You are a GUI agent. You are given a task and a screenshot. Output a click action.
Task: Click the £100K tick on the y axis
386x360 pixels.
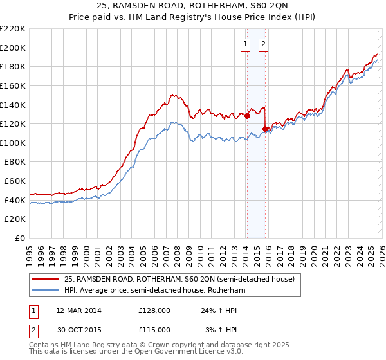point(13,143)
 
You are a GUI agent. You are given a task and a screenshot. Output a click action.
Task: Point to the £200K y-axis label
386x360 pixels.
point(13,48)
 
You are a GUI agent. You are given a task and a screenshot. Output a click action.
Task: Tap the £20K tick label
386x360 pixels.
point(15,219)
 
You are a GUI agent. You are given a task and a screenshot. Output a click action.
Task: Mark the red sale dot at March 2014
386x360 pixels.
point(247,116)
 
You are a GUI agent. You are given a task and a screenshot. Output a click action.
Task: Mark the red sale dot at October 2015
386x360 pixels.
point(265,129)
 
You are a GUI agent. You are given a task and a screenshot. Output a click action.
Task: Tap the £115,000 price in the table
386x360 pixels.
point(154,329)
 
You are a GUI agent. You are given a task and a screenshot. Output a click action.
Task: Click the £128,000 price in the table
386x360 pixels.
point(154,310)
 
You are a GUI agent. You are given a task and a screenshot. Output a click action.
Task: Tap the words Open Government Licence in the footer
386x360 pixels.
point(183,352)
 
